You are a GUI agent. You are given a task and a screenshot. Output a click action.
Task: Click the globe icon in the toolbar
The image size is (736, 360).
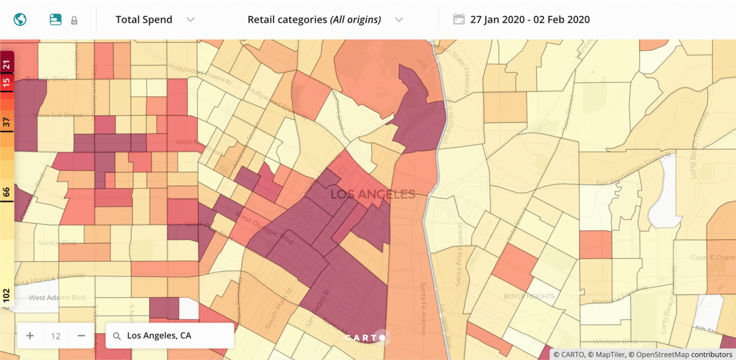(20, 20)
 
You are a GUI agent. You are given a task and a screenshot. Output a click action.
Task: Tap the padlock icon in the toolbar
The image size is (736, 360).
(74, 20)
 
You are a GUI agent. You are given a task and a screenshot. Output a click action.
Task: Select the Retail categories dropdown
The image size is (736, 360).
(324, 20)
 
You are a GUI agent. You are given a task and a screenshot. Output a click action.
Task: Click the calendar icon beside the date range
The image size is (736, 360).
(459, 20)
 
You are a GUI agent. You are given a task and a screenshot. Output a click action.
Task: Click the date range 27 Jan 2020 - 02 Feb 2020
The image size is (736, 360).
(530, 20)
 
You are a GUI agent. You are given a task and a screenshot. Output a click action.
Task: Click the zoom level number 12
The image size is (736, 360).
(56, 336)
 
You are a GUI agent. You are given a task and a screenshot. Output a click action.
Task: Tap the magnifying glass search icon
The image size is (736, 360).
(117, 336)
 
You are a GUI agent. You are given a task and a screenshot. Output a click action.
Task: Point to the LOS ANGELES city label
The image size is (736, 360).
(373, 194)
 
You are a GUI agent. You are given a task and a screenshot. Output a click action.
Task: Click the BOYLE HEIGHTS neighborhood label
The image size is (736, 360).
(529, 296)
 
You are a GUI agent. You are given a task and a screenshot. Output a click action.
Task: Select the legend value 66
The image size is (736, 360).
(7, 192)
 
